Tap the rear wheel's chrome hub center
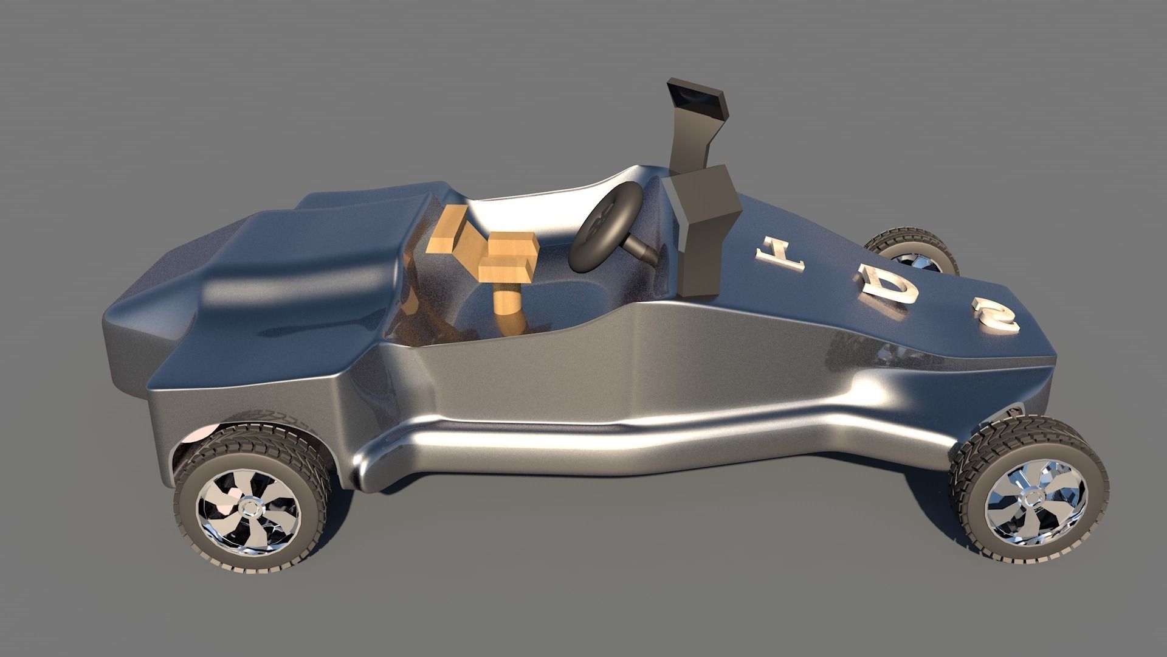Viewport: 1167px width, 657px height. pos(249,506)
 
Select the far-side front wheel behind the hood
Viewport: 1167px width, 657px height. pos(912,253)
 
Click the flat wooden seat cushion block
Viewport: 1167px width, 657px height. pos(508,255)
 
